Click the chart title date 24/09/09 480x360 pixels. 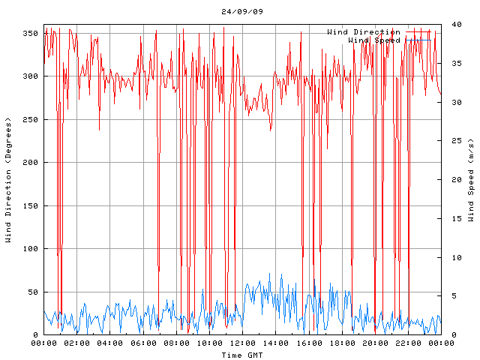point(242,11)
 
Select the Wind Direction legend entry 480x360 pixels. point(364,32)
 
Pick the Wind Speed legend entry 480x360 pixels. point(374,40)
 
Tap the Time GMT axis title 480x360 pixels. point(241,354)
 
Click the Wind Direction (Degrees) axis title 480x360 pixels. point(8,180)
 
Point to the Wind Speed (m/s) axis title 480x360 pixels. point(471,180)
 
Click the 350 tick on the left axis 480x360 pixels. point(30,34)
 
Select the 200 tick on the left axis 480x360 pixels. point(30,163)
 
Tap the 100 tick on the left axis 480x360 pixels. point(30,249)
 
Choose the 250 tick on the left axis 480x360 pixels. point(30,120)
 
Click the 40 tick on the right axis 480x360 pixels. point(451,24)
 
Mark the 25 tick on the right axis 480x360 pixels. point(451,141)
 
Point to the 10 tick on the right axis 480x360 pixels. point(451,257)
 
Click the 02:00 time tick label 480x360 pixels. point(76,343)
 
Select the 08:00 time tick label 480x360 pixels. point(176,343)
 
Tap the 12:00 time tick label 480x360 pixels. point(242,343)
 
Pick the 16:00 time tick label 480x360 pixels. point(308,343)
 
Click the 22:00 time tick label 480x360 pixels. point(408,343)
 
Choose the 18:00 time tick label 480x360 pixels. point(342,343)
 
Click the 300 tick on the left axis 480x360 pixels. point(30,76)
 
